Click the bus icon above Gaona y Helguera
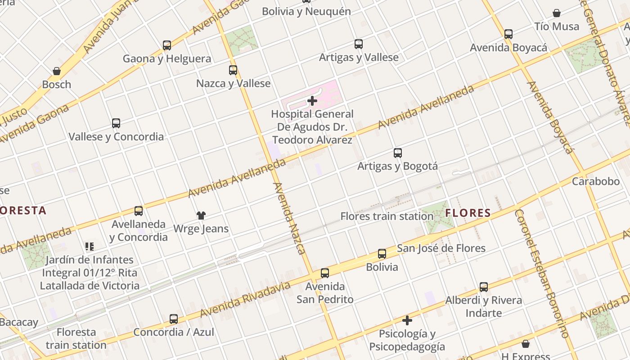(167, 45)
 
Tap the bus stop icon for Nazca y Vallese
(233, 70)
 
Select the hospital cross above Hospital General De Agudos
(312, 101)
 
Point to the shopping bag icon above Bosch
(57, 71)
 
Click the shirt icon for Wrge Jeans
(201, 216)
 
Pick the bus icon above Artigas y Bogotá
(398, 153)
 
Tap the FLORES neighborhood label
(468, 213)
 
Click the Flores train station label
(387, 216)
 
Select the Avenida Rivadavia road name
(245, 300)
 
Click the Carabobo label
(596, 181)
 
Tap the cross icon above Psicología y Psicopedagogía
(407, 320)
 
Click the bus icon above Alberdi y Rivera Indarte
(484, 287)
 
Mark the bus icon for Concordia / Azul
(174, 319)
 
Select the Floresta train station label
(76, 339)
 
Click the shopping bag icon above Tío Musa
(557, 13)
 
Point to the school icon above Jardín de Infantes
(89, 246)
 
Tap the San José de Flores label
(441, 248)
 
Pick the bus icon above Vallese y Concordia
(116, 123)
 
